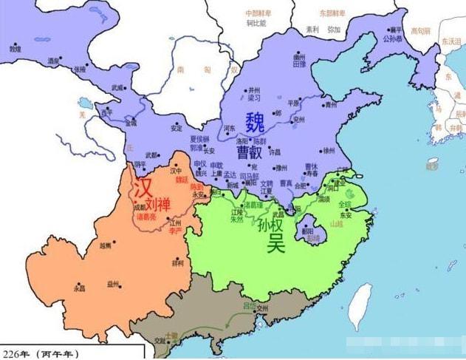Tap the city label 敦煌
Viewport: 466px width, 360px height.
click(16, 49)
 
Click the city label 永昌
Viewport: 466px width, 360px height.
click(79, 288)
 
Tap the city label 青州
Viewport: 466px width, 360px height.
click(330, 105)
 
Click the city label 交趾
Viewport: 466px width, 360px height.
click(160, 341)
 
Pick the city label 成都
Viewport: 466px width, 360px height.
click(140, 208)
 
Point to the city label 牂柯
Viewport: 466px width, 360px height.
click(178, 263)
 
